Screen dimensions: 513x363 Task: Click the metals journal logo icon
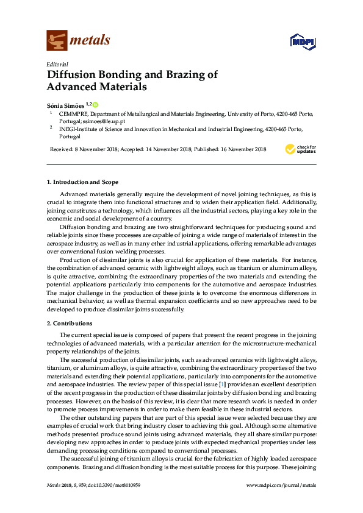pos(57,41)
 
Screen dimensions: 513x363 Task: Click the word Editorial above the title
pos(57,64)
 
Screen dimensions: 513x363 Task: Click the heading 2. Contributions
pos(70,323)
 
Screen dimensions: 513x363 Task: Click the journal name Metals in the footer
pos(54,485)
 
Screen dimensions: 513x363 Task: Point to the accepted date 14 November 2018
pos(165,149)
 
